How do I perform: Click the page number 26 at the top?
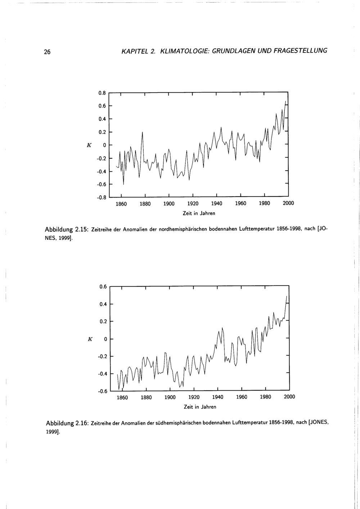click(47, 52)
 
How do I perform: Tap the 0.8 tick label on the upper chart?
click(102, 93)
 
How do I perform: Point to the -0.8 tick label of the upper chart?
click(101, 197)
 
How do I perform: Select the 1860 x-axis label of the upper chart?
click(121, 203)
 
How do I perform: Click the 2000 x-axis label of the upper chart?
click(288, 203)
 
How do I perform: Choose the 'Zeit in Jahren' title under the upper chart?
click(199, 213)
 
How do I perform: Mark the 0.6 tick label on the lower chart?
click(103, 287)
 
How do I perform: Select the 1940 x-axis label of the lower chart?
click(218, 397)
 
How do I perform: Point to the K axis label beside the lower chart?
click(90, 339)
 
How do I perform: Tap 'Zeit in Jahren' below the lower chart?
click(200, 407)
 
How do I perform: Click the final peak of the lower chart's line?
click(287, 296)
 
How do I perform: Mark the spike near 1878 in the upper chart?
click(143, 132)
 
